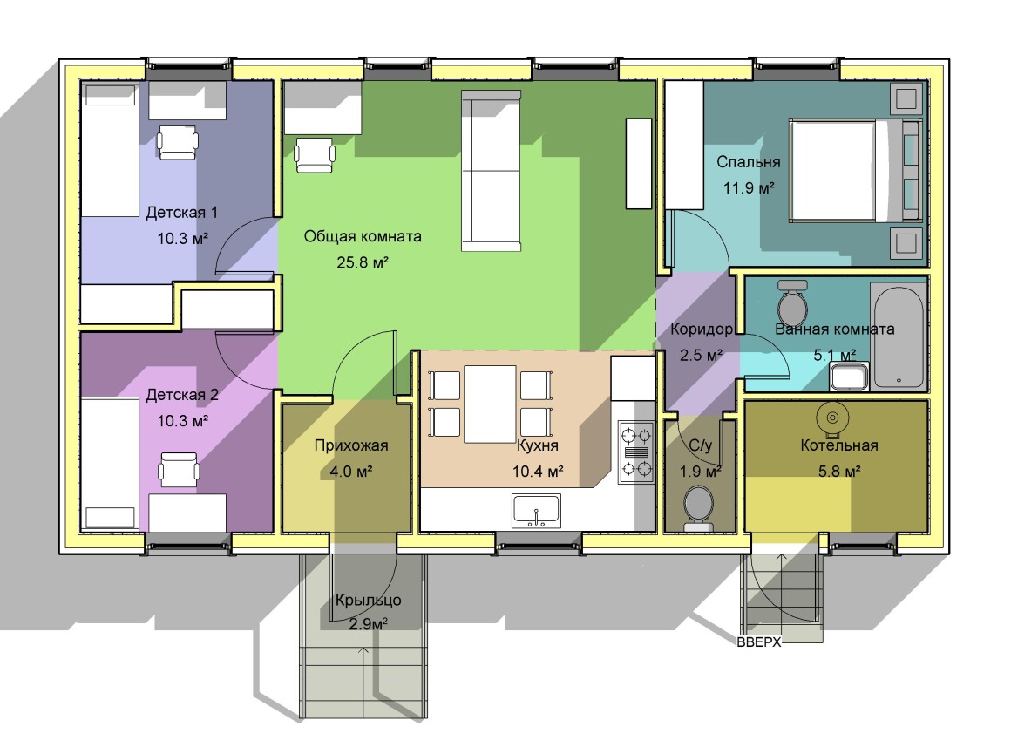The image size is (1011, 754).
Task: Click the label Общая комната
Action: [x=363, y=237]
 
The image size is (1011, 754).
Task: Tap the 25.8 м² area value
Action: [x=363, y=262]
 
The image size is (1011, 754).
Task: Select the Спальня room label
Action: [x=749, y=162]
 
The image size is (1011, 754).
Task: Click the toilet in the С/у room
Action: [x=698, y=507]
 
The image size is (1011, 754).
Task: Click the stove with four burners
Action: [x=635, y=452]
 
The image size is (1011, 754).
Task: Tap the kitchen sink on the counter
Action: [x=537, y=510]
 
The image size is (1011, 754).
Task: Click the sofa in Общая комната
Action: [x=491, y=170]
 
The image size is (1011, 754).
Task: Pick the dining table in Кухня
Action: [x=490, y=404]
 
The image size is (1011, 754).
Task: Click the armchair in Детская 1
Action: [x=177, y=142]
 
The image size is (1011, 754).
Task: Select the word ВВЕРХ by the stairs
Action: [x=759, y=642]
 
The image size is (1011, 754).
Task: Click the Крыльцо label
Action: [x=368, y=601]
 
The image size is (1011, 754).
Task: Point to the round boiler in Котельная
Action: [x=832, y=418]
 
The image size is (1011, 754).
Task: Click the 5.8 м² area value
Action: [x=838, y=472]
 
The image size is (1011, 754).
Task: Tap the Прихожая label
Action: [x=351, y=445]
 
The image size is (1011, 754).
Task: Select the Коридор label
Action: [x=702, y=329]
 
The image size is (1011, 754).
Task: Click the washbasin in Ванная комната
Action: [x=849, y=377]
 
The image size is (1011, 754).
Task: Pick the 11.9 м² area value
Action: [x=749, y=188]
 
